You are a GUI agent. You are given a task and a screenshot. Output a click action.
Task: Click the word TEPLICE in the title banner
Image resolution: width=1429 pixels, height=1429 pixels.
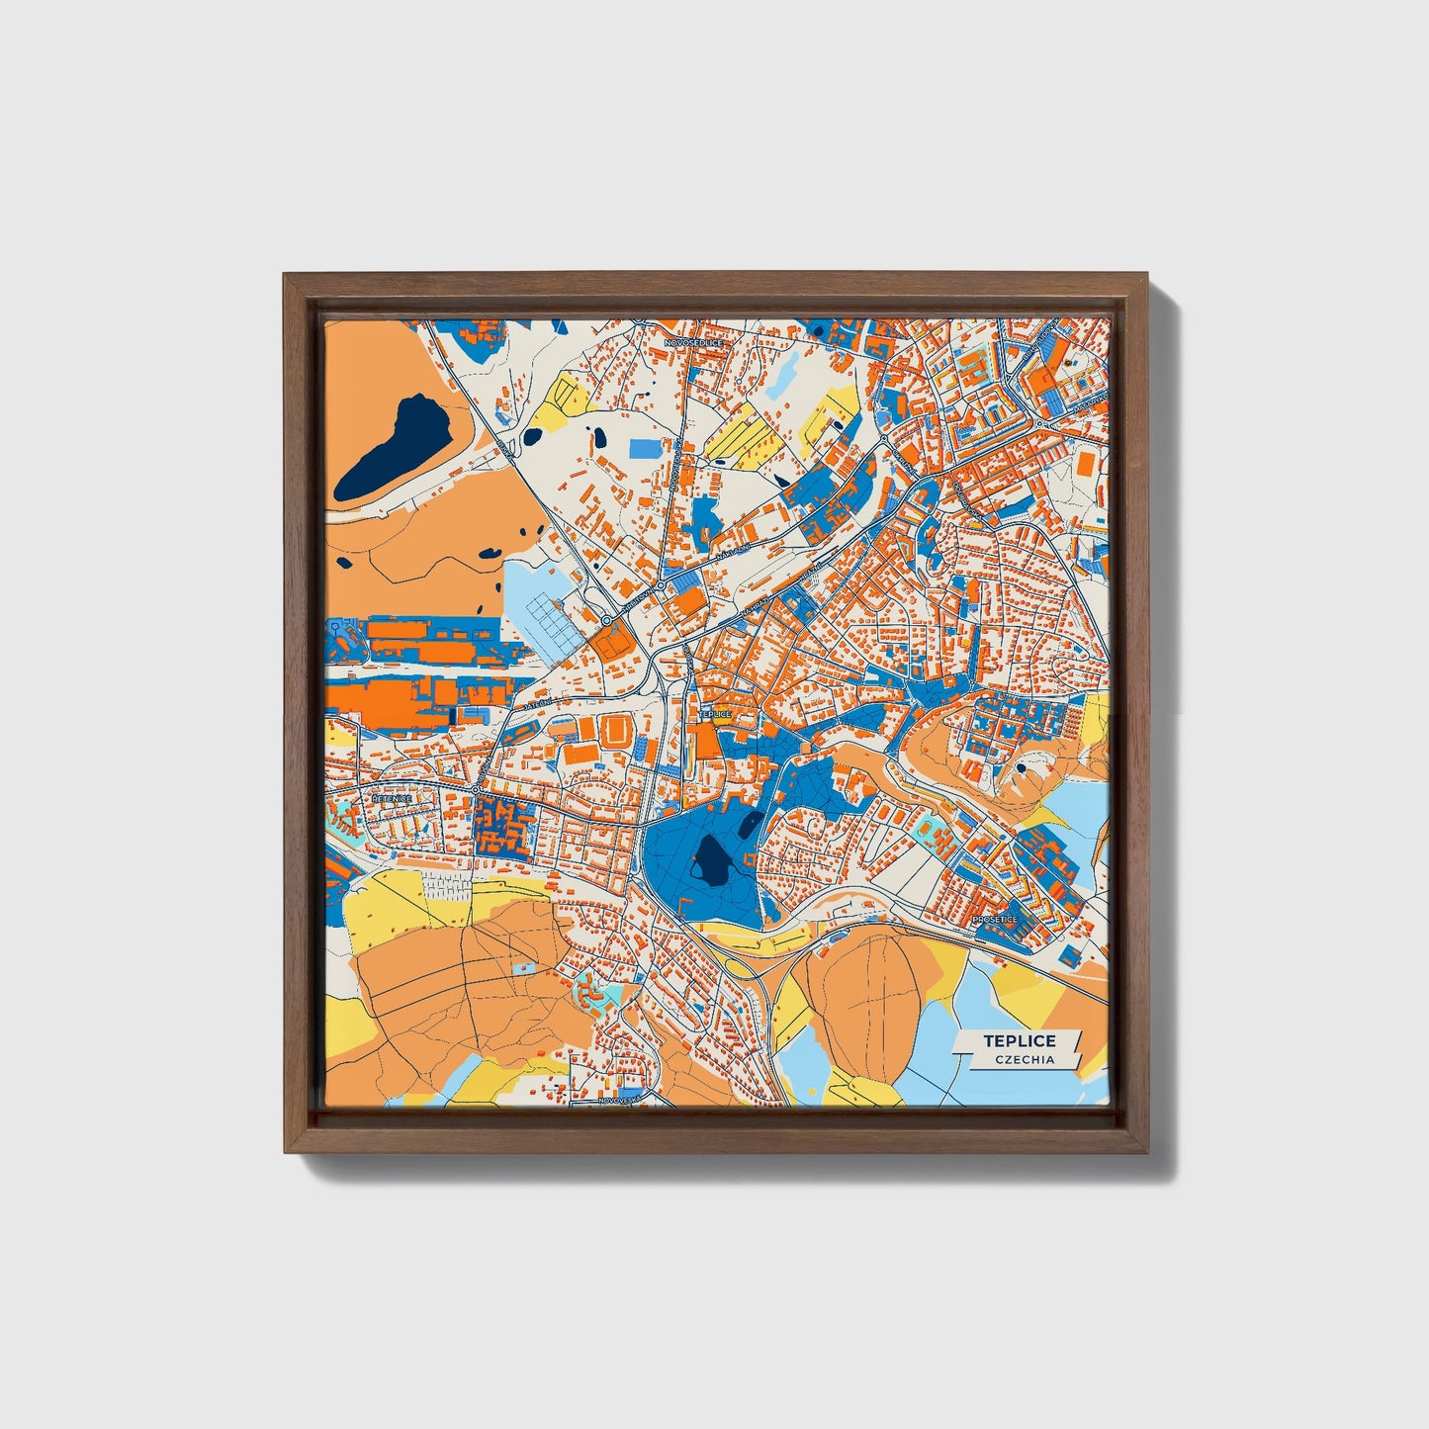pyautogui.click(x=1019, y=1040)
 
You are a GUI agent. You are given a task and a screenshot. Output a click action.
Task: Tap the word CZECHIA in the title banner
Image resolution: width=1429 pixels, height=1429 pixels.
pyautogui.click(x=1025, y=1059)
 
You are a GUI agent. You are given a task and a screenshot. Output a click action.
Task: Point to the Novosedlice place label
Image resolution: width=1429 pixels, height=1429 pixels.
pyautogui.click(x=695, y=341)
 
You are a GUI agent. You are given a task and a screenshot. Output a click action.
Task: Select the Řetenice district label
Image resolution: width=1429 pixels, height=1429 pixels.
pyautogui.click(x=391, y=797)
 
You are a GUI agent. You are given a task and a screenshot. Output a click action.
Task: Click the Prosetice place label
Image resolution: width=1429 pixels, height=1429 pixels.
pyautogui.click(x=995, y=920)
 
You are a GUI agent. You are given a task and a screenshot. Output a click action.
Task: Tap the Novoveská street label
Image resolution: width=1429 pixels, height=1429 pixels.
pyautogui.click(x=620, y=1099)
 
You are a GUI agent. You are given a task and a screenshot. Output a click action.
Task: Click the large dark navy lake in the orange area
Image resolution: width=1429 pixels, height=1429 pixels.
pyautogui.click(x=393, y=447)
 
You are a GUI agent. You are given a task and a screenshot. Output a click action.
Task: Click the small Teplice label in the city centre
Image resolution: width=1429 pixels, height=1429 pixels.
pyautogui.click(x=714, y=713)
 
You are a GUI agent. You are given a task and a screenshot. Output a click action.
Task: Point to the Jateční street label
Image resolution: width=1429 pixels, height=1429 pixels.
pyautogui.click(x=538, y=703)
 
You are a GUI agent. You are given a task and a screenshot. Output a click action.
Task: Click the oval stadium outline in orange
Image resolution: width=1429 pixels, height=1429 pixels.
pyautogui.click(x=615, y=733)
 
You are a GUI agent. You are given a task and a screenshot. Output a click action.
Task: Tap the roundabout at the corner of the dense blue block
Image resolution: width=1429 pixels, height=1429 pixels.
pyautogui.click(x=476, y=789)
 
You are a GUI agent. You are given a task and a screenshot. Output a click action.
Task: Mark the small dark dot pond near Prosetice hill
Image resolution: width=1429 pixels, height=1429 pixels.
pyautogui.click(x=1021, y=766)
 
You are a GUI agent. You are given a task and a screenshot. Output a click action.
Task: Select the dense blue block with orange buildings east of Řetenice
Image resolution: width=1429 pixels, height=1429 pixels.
pyautogui.click(x=504, y=827)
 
